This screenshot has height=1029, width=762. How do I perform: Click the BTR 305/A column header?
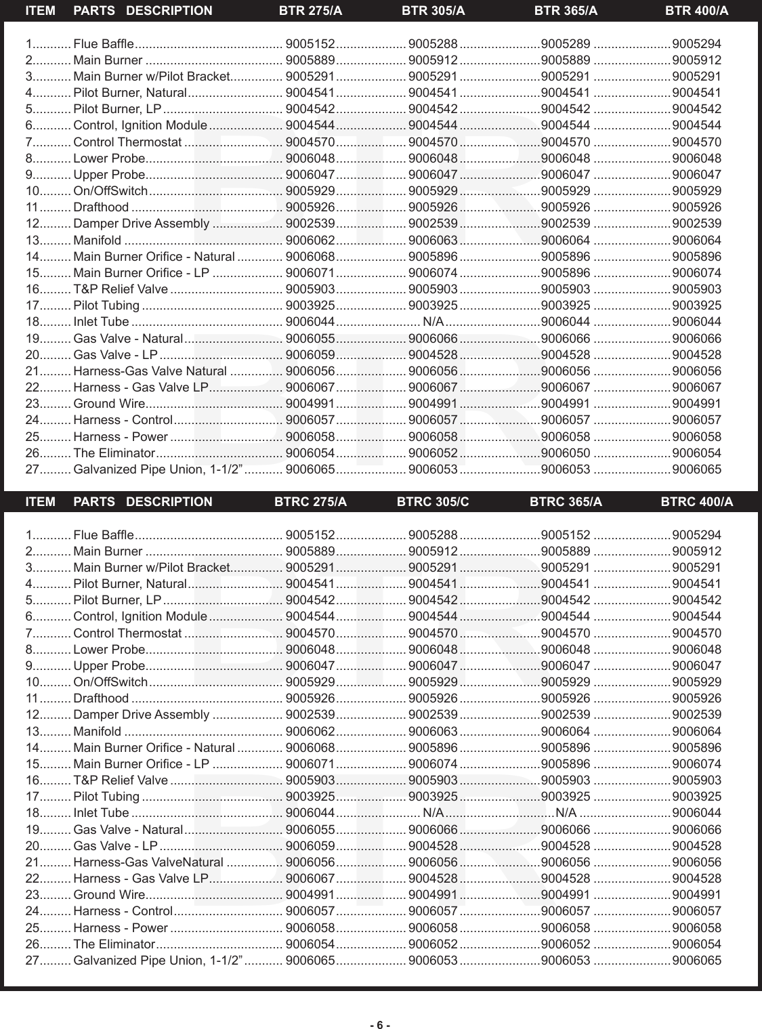(x=433, y=11)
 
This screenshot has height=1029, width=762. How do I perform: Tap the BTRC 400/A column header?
(x=696, y=502)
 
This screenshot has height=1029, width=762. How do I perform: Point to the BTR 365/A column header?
(x=566, y=11)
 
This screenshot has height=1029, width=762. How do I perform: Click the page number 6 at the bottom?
(x=380, y=1006)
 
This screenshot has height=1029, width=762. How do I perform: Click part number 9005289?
(x=566, y=44)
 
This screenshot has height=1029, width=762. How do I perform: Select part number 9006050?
(x=566, y=453)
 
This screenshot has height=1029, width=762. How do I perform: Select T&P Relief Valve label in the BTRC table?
(x=121, y=780)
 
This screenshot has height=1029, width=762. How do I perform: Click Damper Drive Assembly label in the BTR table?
(x=141, y=224)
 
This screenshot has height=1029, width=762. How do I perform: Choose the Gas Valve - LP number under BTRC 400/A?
(x=696, y=846)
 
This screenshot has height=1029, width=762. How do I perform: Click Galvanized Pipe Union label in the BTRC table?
(x=158, y=961)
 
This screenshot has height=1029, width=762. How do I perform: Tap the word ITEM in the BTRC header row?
(x=40, y=502)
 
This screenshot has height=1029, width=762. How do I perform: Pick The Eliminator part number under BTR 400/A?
(x=696, y=453)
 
